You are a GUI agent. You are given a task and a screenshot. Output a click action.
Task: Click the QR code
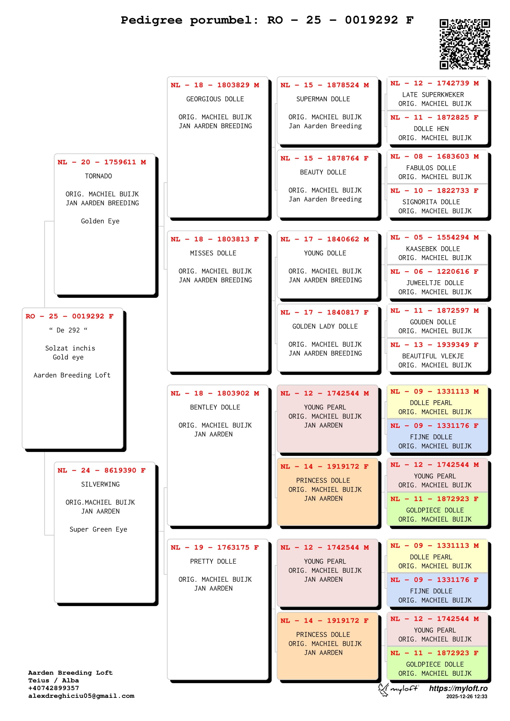(464, 44)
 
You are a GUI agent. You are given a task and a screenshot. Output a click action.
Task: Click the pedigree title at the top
(267, 20)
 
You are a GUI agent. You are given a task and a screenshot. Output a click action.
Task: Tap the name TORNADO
(98, 176)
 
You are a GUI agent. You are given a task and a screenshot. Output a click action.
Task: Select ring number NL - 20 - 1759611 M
(102, 162)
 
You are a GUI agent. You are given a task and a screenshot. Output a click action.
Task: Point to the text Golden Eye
(100, 221)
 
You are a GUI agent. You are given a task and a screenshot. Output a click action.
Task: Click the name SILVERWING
(100, 484)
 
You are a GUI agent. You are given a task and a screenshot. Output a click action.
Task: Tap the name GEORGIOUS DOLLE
(215, 99)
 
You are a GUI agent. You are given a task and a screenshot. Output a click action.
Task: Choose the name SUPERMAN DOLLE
(323, 99)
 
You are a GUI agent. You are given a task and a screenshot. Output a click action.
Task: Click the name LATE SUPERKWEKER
(433, 95)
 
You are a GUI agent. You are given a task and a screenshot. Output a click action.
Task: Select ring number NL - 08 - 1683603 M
(435, 156)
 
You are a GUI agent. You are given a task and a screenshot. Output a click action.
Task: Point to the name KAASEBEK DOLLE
(433, 249)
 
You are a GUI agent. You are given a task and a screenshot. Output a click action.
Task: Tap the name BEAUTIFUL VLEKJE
(433, 356)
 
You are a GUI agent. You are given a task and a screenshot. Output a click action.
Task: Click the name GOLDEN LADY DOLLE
(325, 326)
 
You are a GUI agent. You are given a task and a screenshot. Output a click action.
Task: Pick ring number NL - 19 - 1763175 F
(215, 547)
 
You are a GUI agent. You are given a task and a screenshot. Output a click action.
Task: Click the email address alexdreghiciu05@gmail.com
(81, 696)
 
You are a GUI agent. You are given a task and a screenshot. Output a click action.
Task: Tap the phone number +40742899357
(54, 688)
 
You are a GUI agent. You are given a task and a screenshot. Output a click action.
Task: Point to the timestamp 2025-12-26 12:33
(467, 697)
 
